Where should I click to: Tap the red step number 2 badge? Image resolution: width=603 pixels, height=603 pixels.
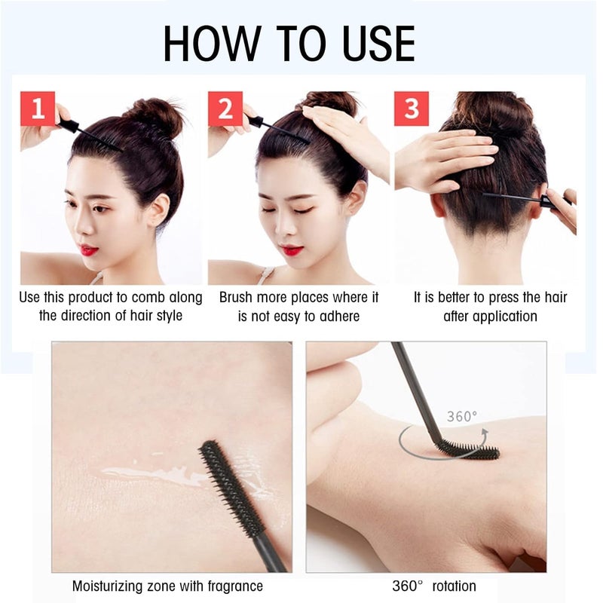tap(225, 109)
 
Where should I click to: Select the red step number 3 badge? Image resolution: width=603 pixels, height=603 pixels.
tap(411, 109)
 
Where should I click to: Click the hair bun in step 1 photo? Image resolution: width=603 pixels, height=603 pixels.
tap(155, 117)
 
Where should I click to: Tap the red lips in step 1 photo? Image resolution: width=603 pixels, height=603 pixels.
tap(89, 249)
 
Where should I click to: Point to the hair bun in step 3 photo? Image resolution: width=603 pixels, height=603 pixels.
tap(493, 113)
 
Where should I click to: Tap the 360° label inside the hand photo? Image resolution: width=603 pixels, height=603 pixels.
tap(461, 416)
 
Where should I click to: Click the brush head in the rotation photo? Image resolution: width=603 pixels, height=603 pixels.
tap(467, 451)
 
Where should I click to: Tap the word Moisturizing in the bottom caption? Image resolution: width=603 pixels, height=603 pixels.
tap(113, 586)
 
